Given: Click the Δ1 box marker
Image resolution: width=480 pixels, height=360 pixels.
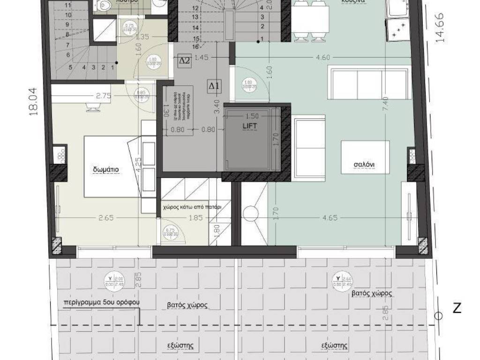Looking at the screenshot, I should click(x=214, y=86).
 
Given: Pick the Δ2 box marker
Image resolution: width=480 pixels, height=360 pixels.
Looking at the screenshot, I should click(x=184, y=60).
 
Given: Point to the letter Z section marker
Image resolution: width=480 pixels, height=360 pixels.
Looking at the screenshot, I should click(x=457, y=308).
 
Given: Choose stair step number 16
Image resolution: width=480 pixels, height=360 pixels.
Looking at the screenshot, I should click(x=195, y=46).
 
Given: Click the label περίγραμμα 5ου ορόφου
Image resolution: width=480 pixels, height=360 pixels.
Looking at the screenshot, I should click(x=102, y=302).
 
